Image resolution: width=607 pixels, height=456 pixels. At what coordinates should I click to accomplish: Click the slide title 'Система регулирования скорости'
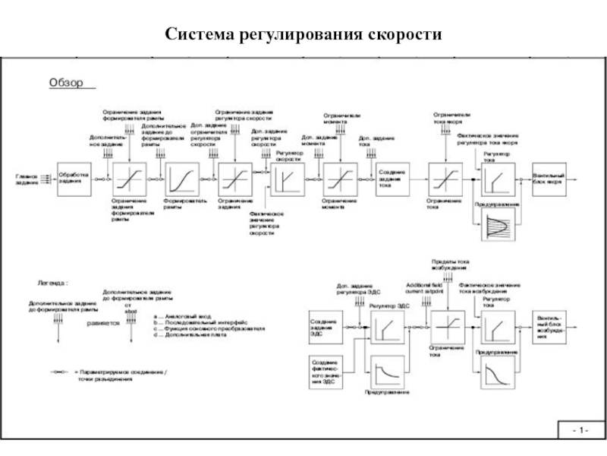tap(303, 35)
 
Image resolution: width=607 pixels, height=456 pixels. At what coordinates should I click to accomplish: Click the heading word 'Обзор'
tap(66, 82)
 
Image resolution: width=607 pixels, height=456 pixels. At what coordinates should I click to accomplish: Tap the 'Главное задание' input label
tap(26, 179)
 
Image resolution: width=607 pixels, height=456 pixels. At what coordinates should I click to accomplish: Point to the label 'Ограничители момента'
tap(336, 119)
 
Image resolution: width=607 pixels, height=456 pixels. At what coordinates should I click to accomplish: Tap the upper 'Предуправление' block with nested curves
tap(496, 227)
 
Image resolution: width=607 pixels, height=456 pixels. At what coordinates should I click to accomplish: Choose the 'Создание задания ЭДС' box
tap(325, 326)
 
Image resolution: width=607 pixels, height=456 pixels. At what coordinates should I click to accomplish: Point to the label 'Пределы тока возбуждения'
tap(450, 265)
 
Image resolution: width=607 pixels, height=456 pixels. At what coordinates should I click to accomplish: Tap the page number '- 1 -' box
tap(580, 432)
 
